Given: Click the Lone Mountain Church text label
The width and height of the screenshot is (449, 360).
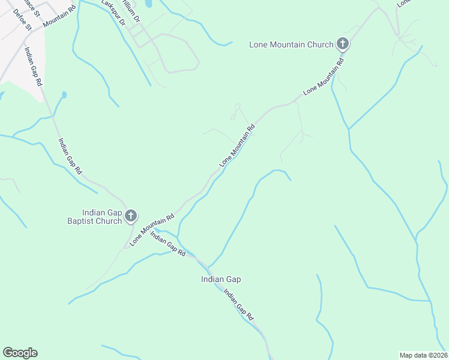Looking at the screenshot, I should point(292,44).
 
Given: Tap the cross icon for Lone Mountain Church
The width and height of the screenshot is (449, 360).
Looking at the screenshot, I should point(343,43).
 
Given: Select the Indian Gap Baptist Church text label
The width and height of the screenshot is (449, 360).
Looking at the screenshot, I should point(102,217).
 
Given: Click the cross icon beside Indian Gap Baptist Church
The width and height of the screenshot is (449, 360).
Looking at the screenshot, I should point(131,216).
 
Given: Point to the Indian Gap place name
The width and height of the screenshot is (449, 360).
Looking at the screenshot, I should point(221,279).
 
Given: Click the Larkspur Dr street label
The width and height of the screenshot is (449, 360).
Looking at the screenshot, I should point(113,12).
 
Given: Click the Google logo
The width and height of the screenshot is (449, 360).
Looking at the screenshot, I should point(20,353).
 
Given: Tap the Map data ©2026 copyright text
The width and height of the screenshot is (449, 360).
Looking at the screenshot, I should point(423,355).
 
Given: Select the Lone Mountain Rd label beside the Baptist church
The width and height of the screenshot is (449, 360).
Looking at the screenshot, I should point(152,229).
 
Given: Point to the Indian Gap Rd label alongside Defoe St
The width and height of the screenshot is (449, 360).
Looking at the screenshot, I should point(33,65).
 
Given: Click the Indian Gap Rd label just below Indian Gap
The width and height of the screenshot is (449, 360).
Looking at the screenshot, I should point(240,304).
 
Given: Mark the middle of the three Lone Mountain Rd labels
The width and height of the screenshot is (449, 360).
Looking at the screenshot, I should point(238,145).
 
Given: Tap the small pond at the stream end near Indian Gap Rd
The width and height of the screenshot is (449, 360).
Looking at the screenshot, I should point(64,95).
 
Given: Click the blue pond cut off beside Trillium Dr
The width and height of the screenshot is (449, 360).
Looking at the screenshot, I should point(148,4).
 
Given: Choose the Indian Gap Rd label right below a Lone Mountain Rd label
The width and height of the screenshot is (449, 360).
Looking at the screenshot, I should point(168,245).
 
